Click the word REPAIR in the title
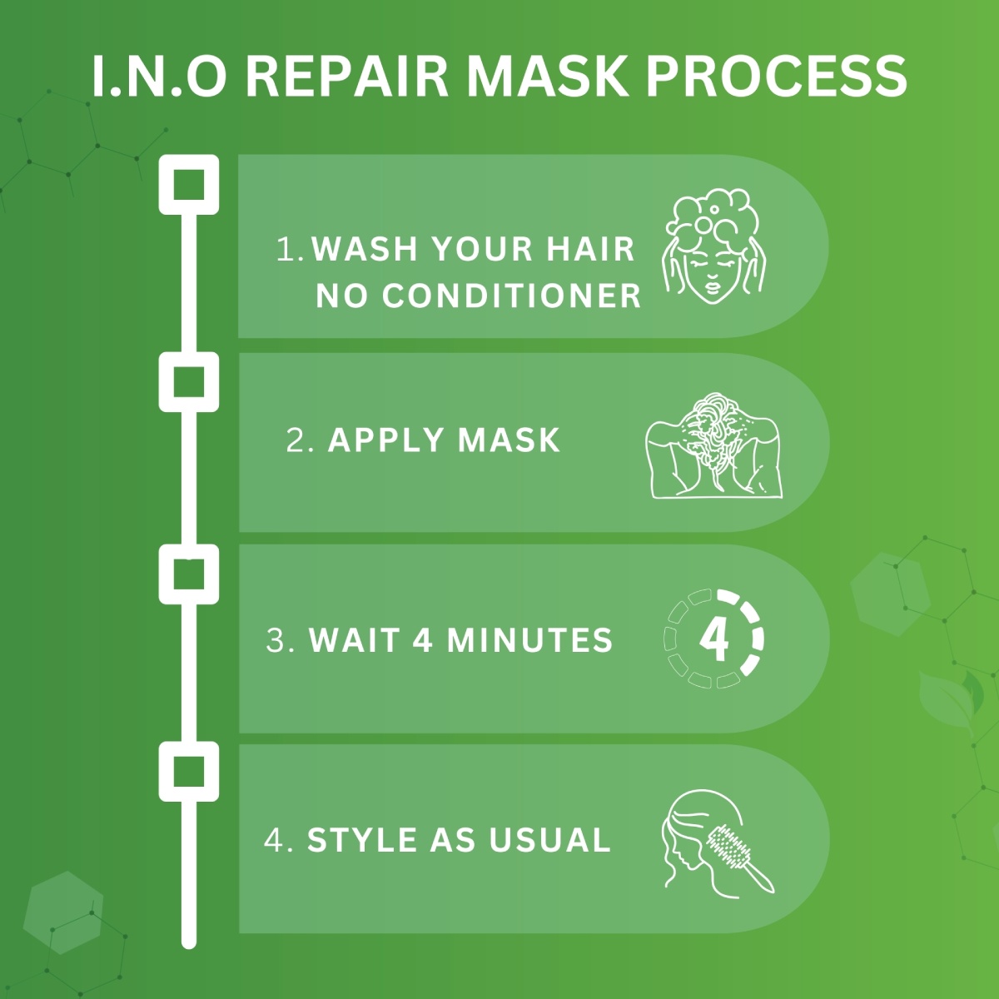tap(349, 77)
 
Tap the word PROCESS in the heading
tap(776, 77)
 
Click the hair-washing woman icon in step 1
tap(713, 246)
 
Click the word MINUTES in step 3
tap(529, 640)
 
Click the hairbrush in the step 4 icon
tap(737, 853)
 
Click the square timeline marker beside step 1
tap(189, 184)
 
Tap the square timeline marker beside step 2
tap(189, 382)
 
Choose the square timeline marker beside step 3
tap(189, 574)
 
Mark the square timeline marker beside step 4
tap(189, 772)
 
